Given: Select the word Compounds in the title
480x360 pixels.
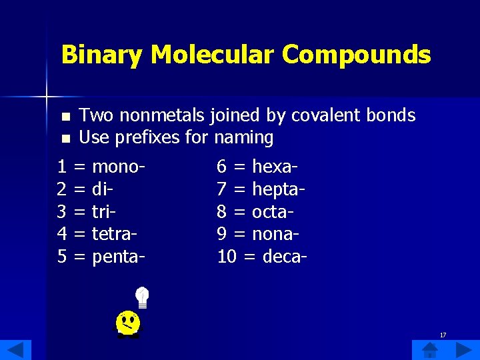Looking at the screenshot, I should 356,55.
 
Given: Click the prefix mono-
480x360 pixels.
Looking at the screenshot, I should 119,167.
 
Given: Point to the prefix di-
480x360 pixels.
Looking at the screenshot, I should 102,189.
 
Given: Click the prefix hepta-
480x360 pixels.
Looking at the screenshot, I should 278,189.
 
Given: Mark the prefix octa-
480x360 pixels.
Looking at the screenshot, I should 273,212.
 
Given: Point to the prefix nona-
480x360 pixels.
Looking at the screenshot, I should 275,235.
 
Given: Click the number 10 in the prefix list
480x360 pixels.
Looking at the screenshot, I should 227,257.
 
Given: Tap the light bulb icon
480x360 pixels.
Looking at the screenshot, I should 142,297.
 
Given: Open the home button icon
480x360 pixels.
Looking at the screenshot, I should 430,349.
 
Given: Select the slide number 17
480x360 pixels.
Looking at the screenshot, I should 443,335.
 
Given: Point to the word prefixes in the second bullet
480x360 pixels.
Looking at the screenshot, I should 149,138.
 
